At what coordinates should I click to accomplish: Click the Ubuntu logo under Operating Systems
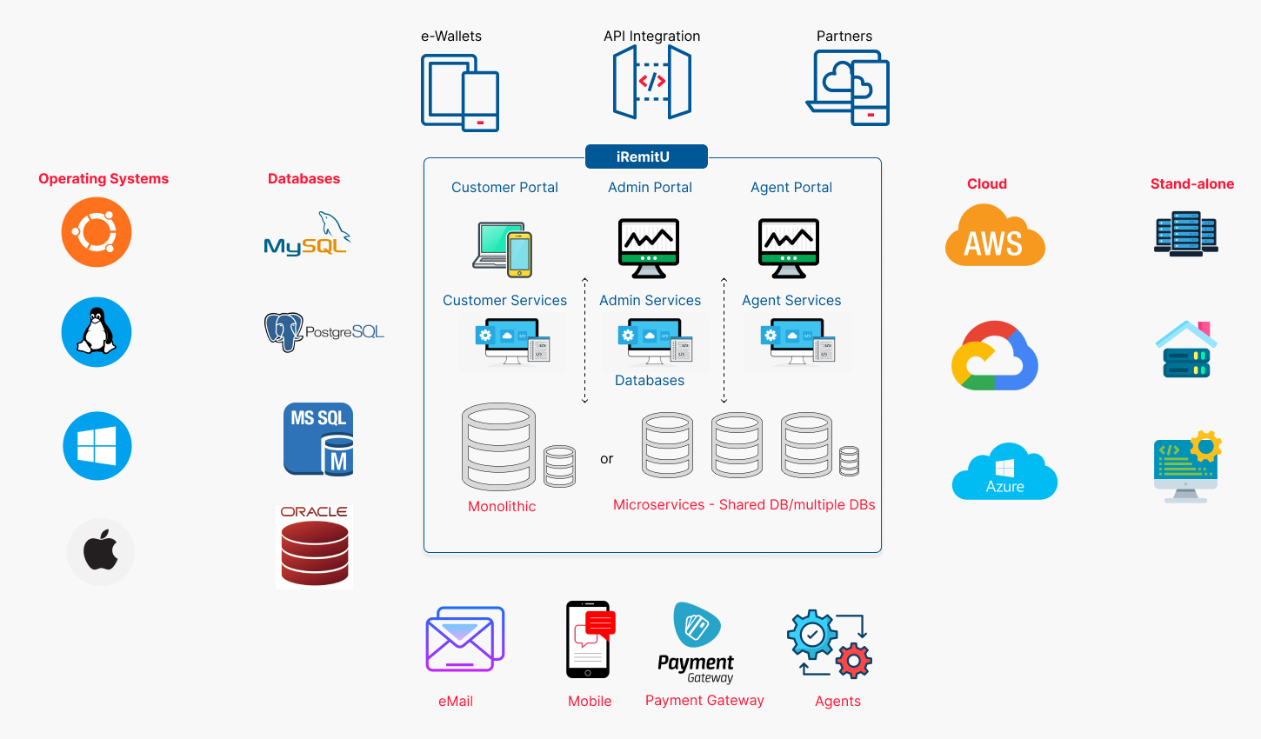coord(97,232)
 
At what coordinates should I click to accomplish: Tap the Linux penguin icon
coord(97,332)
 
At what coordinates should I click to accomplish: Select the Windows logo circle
coord(97,446)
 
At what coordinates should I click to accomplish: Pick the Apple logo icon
coord(101,552)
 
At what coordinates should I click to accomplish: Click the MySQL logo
coord(307,235)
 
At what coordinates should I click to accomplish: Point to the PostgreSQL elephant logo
coord(284,331)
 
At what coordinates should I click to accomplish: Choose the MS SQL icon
coord(318,439)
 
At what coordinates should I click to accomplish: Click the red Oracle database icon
coord(315,548)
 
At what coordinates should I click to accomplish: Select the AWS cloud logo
coord(995,236)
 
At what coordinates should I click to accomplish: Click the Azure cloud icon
coord(1004,473)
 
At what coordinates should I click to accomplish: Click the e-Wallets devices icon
coord(460,92)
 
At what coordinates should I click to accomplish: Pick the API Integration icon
coord(652,83)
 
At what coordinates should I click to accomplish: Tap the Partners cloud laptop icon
coord(849,87)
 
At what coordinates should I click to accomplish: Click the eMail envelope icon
coord(465,639)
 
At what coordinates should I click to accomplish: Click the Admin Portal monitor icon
coord(649,248)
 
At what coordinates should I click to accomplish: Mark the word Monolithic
coord(502,506)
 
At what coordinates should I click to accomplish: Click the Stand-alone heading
coord(1191,183)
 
